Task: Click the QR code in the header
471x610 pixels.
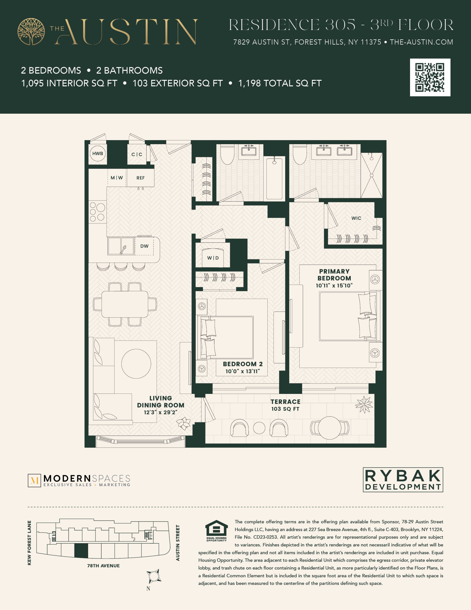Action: (x=430, y=77)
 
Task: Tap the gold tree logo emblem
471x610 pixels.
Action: (x=31, y=31)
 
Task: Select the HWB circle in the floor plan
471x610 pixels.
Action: (x=98, y=153)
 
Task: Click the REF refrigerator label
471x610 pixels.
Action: (x=140, y=178)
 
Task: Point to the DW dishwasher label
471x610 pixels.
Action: (x=144, y=246)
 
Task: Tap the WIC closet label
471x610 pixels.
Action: (x=356, y=218)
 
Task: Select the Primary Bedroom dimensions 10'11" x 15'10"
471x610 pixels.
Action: (x=334, y=285)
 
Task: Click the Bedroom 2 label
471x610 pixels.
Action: (x=243, y=364)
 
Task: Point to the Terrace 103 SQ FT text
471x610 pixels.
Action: (x=285, y=405)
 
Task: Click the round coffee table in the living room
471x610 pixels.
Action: (x=136, y=364)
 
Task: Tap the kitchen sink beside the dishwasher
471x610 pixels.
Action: (x=121, y=246)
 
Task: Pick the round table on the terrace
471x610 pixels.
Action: (x=330, y=428)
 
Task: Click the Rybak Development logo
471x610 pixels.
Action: (x=403, y=480)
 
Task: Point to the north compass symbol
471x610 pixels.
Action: (x=154, y=576)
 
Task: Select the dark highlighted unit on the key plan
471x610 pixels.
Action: (x=81, y=551)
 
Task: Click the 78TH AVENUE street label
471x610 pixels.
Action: (x=103, y=566)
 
